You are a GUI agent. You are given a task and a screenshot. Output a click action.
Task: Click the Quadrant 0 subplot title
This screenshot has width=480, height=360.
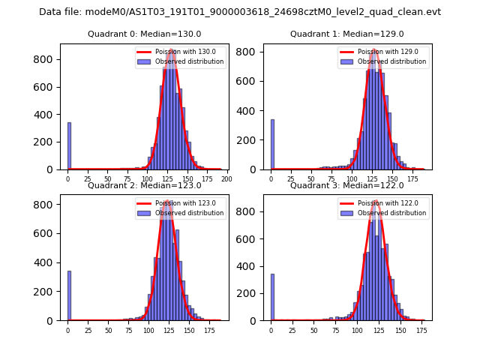(x=144, y=34)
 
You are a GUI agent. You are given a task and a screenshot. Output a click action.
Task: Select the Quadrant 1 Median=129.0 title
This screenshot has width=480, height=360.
(x=346, y=34)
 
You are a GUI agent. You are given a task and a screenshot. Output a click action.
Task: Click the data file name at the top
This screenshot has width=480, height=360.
(x=240, y=12)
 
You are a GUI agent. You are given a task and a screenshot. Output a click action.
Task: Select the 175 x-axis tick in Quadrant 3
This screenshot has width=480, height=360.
(x=422, y=329)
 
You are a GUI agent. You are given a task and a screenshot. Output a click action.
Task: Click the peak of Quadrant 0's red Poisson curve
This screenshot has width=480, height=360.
(x=171, y=51)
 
